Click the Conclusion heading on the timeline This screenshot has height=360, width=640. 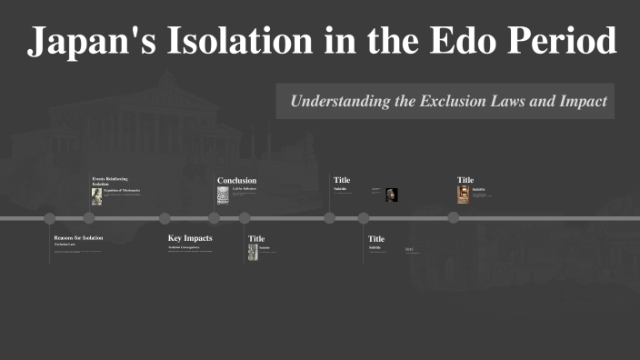coord(236,180)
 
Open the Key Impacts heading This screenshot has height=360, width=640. coord(190,238)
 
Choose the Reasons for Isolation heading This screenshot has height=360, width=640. coord(78,237)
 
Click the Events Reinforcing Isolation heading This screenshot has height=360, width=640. coord(110,181)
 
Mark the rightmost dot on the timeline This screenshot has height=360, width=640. coord(454,217)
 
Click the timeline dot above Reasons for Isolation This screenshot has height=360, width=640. coord(50,218)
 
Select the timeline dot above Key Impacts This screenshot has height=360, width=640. coord(165,218)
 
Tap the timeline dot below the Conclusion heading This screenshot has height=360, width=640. coord(215,218)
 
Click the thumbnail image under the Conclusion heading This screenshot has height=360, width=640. coord(222,195)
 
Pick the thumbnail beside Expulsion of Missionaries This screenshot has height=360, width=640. coord(96,196)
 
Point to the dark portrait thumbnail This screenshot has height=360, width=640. coord(392,195)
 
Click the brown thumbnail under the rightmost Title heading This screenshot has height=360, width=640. coord(463,195)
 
